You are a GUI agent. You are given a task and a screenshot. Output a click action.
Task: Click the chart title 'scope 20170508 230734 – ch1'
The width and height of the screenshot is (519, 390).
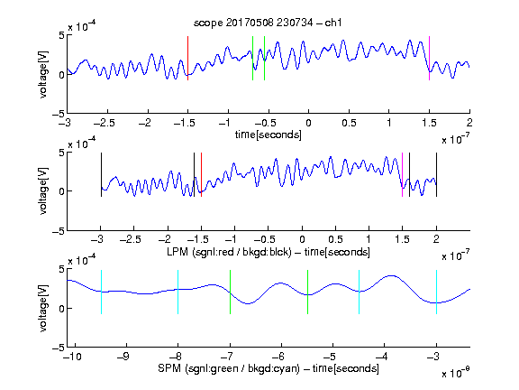coord(268,23)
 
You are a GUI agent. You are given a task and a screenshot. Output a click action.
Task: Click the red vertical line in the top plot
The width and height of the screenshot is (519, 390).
coord(187,59)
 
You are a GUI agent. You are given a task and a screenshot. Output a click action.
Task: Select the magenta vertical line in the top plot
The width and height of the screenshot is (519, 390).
coord(429,59)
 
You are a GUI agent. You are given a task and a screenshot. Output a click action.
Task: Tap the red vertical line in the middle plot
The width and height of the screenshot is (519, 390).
coord(201,175)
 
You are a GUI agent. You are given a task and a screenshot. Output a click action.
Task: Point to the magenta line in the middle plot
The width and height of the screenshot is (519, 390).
coord(402,175)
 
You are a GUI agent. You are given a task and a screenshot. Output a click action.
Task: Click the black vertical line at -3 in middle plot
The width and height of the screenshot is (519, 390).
coord(101,175)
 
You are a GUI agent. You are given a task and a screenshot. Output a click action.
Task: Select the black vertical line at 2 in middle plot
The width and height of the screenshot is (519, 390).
coord(436,175)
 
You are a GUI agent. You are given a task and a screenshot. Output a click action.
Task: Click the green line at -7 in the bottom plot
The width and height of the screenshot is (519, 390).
coord(230,292)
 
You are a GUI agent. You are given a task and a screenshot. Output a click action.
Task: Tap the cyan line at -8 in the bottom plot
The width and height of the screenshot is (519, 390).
coord(178,292)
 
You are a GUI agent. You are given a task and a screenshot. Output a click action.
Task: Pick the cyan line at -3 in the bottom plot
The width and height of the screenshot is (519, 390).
coord(436,292)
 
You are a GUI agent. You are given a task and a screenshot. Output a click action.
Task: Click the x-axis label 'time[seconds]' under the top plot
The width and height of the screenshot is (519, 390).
coord(269,135)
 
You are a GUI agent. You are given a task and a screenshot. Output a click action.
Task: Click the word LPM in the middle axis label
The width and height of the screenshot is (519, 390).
coord(178,252)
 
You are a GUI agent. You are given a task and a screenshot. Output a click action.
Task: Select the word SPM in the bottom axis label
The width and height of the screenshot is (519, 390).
coord(169,368)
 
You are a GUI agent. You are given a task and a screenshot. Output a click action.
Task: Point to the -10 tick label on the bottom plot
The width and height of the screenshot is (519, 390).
coord(72,357)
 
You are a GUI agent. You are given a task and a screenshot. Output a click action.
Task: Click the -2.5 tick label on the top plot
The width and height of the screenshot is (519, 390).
coord(105,123)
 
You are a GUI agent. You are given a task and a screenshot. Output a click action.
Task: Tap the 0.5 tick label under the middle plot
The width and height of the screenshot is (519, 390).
coord(335,239)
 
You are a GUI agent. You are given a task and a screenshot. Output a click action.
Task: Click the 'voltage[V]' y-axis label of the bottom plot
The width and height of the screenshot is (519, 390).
coord(43,309)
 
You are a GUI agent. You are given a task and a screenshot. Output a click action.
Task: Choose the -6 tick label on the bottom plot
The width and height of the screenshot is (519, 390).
coord(281,357)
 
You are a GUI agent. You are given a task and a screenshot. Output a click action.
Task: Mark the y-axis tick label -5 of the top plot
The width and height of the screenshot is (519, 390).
coord(59,114)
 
